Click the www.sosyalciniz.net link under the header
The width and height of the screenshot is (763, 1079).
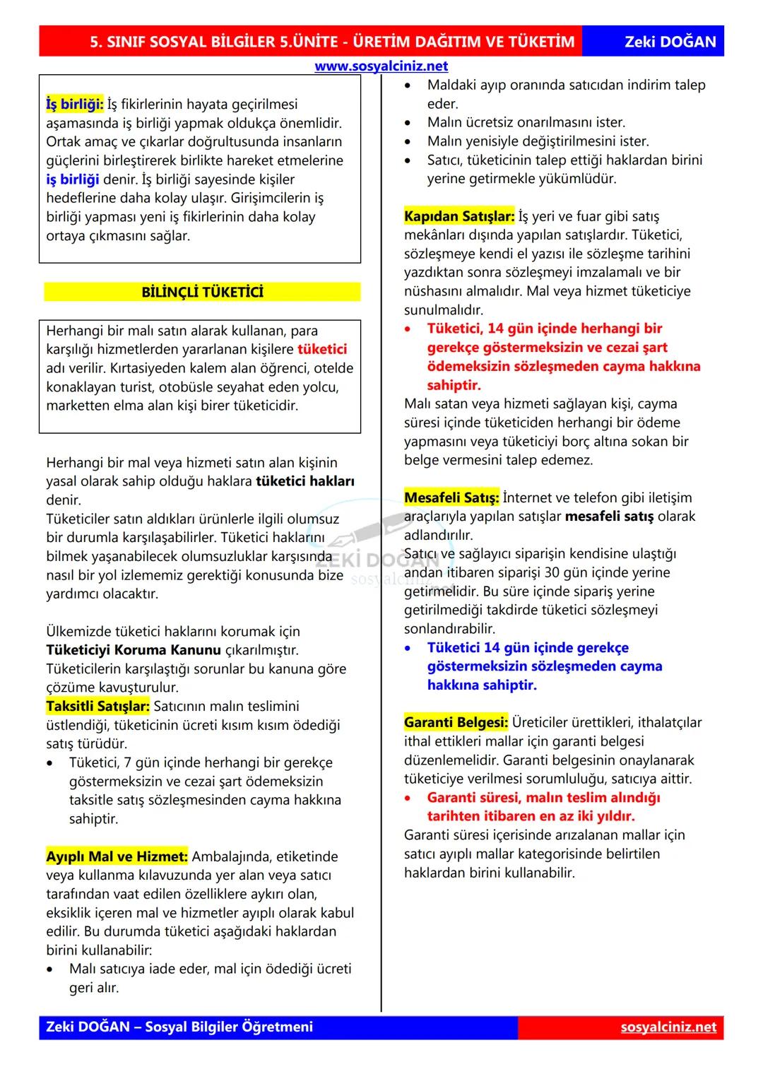(x=381, y=66)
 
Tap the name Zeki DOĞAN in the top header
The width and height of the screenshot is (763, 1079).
(x=670, y=42)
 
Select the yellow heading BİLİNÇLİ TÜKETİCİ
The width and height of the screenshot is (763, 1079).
(x=202, y=292)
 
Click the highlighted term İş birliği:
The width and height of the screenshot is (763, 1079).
(x=75, y=105)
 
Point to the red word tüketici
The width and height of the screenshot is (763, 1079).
(x=322, y=349)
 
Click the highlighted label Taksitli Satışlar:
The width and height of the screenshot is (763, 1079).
(x=98, y=706)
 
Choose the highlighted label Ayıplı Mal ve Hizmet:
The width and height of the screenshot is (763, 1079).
(x=117, y=856)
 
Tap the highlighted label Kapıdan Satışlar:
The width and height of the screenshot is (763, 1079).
(x=459, y=216)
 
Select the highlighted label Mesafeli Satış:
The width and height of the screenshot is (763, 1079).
(x=451, y=497)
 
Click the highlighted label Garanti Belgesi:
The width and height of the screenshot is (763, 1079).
(x=456, y=722)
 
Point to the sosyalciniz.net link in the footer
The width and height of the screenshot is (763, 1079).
(x=668, y=1027)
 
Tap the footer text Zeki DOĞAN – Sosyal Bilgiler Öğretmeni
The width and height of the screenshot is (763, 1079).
(x=179, y=1027)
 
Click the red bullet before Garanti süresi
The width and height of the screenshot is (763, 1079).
(x=408, y=798)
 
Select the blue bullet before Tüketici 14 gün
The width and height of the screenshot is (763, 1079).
(x=408, y=648)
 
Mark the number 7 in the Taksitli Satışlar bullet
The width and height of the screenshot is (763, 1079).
(x=128, y=762)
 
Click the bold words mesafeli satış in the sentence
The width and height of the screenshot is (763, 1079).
(x=609, y=517)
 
